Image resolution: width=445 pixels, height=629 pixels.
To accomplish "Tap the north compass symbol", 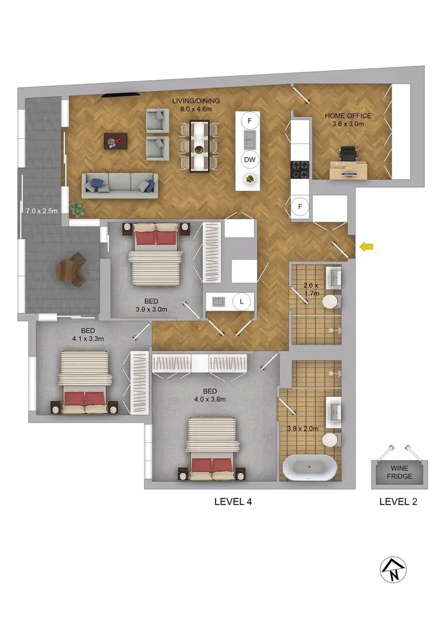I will pos(393,570).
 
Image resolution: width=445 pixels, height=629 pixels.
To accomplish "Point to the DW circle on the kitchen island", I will pos(250,159).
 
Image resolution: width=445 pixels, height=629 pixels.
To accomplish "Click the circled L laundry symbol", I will pos(241,301).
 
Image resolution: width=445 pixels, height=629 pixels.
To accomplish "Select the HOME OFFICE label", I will pos(348,116).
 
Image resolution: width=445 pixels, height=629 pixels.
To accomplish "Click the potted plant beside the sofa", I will pos(77,209).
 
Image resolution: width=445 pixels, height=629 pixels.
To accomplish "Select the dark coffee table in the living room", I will pos(115,141).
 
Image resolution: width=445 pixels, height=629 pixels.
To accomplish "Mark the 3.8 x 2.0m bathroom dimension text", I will pos(303,429).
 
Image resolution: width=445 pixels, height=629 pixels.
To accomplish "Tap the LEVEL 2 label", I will pos(398,502).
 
